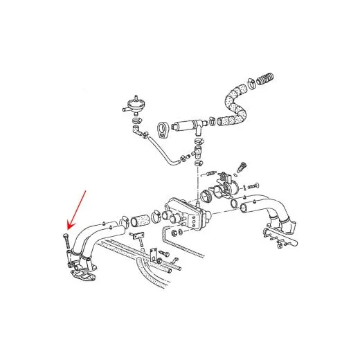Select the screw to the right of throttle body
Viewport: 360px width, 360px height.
251,185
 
